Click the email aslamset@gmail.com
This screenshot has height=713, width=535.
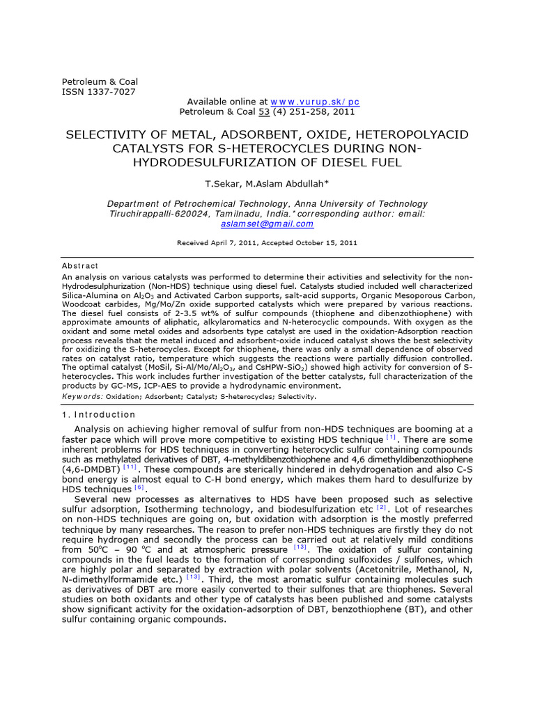pyautogui.click(x=267, y=224)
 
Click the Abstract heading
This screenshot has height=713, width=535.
pyautogui.click(x=80, y=266)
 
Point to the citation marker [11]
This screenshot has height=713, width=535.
pyautogui.click(x=131, y=467)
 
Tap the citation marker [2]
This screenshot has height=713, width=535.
pyautogui.click(x=381, y=508)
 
